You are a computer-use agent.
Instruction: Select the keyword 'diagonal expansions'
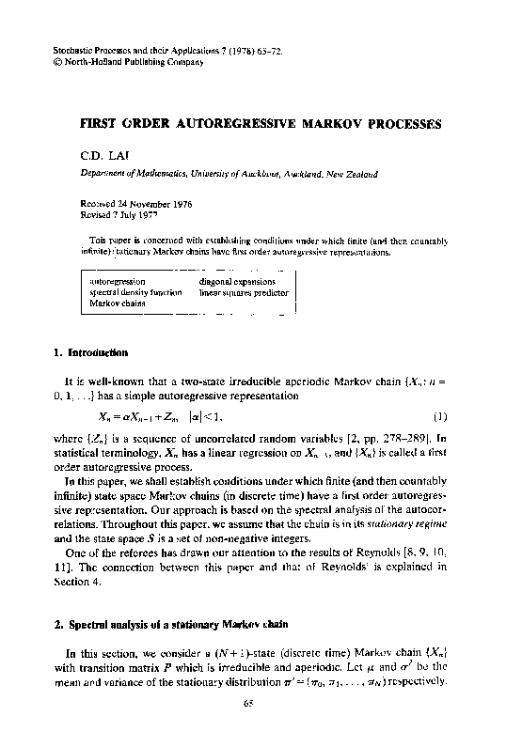(237, 281)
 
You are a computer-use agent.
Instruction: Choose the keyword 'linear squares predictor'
(246, 292)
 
